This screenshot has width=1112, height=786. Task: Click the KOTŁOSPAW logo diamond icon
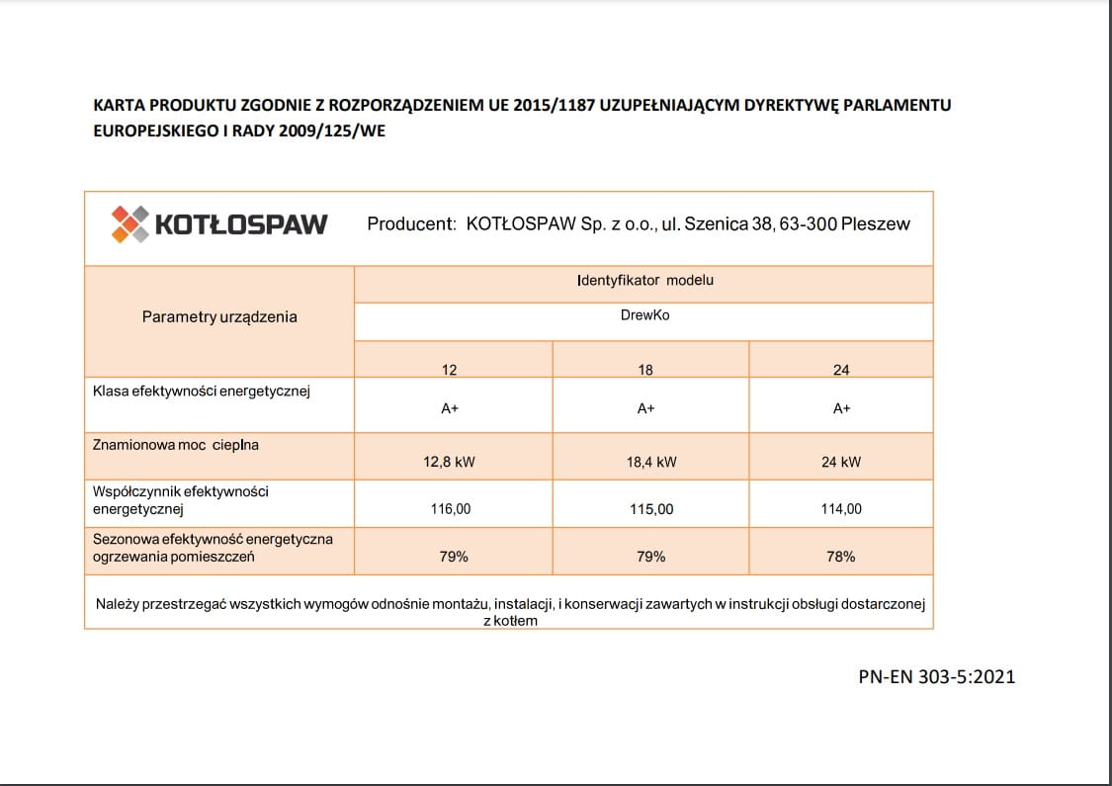130,223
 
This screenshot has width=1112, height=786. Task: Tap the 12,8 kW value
450,462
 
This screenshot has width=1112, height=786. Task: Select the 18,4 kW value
651,462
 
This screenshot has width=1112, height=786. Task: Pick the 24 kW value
841,462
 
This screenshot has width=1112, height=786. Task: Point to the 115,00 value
651,509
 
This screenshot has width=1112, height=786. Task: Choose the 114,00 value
841,509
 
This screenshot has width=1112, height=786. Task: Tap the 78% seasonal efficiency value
841,557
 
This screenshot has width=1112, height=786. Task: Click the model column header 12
450,370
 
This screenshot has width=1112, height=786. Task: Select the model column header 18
645,370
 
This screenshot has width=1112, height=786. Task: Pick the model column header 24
841,370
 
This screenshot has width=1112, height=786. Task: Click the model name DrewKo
644,316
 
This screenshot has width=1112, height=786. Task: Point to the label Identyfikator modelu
644,280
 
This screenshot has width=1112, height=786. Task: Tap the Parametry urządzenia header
219,317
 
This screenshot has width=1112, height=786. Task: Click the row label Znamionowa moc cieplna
175,445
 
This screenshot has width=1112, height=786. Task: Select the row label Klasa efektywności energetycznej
202,392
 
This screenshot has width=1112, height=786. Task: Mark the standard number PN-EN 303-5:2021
937,677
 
